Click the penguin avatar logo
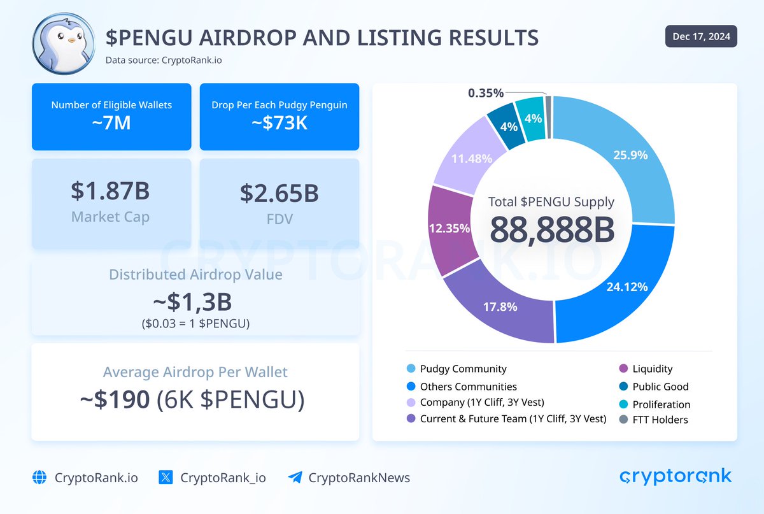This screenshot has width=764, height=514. pos(62,42)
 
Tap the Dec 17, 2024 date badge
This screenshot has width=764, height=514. pos(701,36)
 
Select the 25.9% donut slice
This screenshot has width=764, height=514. pos(627,155)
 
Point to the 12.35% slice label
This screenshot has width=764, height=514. pos(449,228)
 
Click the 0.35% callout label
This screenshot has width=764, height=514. pos(486,93)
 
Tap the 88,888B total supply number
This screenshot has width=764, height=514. pos(551,231)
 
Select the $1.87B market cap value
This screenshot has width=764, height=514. pos(111,192)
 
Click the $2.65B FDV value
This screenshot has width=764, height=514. pos(279,192)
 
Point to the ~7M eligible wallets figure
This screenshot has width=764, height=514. pos(111,123)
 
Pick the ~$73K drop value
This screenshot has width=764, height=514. pos(279,123)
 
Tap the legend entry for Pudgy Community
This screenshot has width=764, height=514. pos(463,369)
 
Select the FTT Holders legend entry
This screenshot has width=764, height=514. pos(660,419)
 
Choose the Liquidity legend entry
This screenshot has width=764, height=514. pos(652,369)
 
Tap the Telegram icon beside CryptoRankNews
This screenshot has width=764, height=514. pos(295,478)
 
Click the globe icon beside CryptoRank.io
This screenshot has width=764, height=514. pos(39,478)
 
